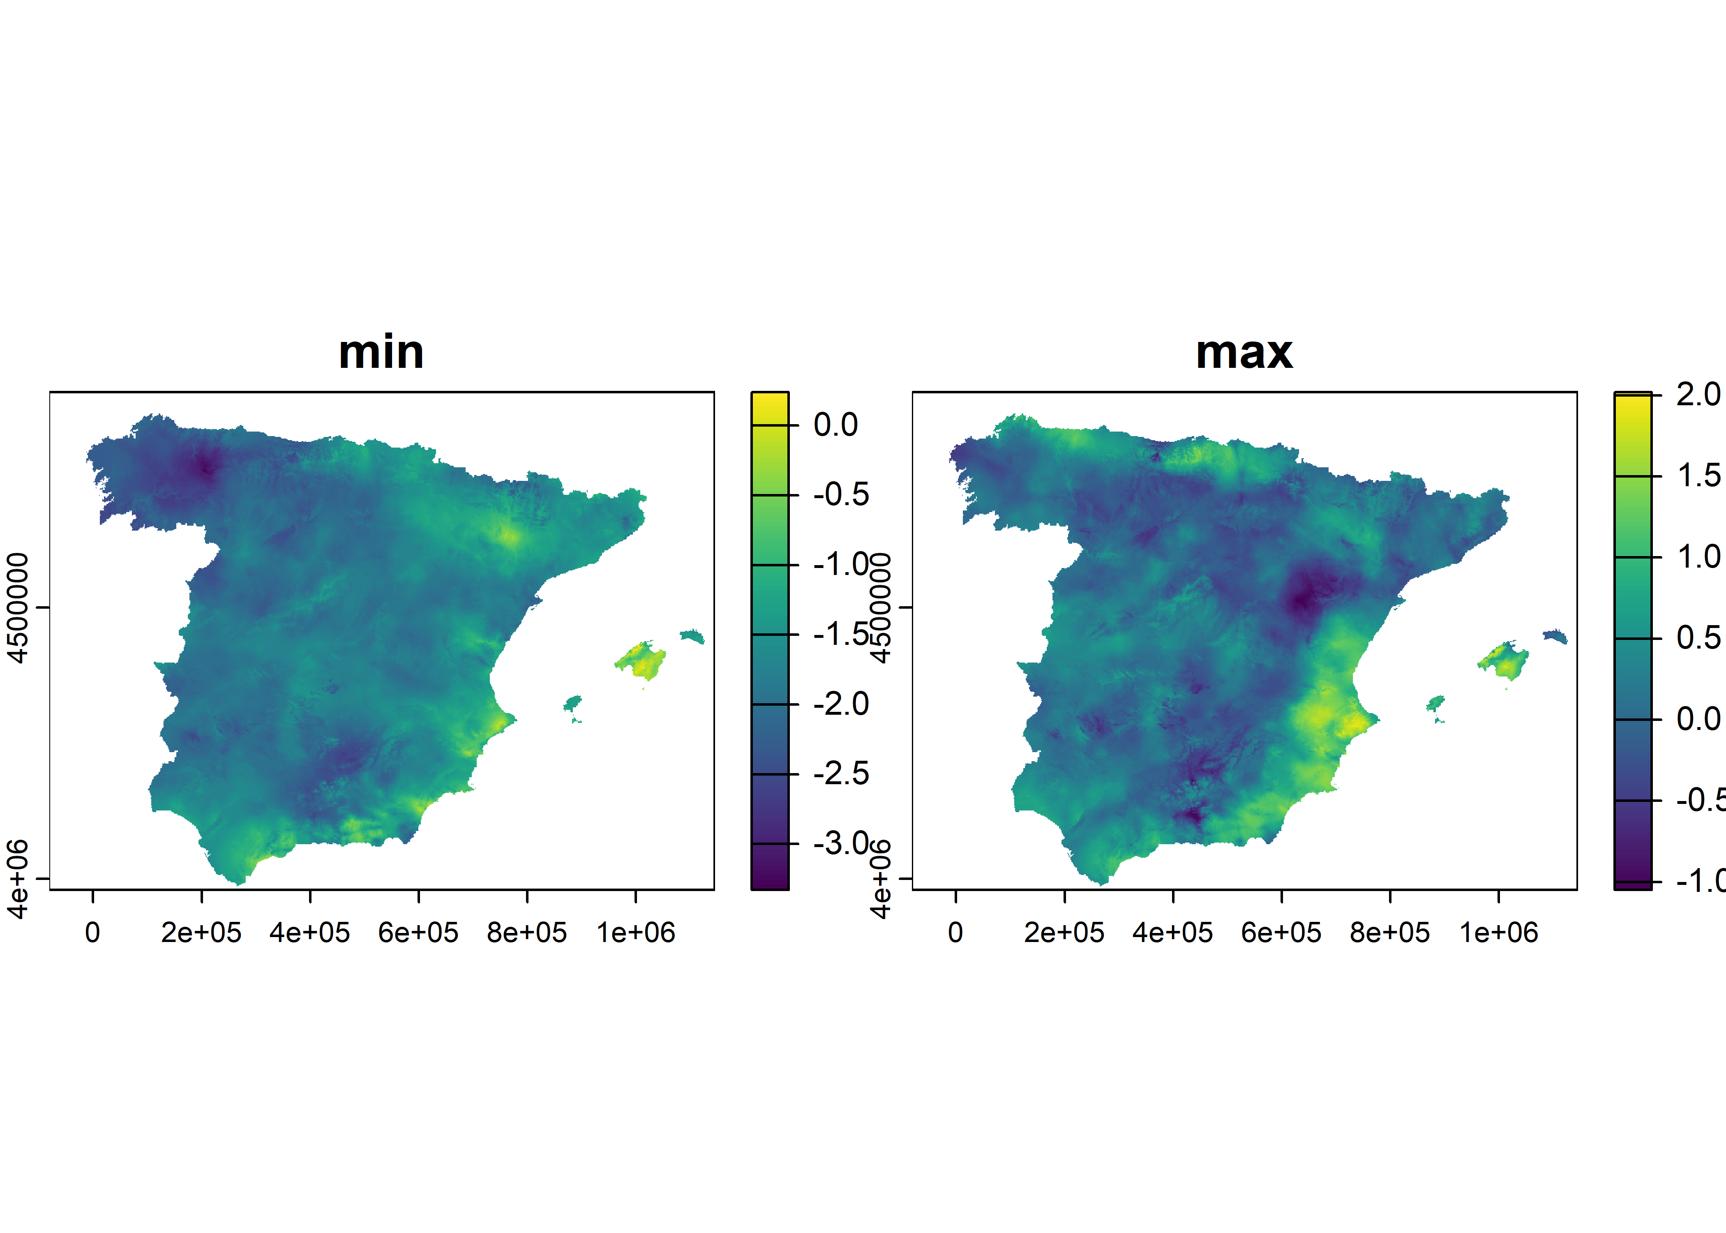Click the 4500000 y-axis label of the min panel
click(17, 607)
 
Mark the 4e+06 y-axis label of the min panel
click(17, 878)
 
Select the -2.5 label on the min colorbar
click(841, 774)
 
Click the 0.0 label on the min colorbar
click(836, 425)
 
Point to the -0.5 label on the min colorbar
click(841, 495)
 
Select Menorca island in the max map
click(1555, 635)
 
